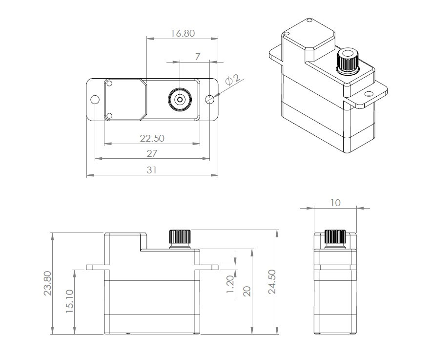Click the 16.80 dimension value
[x=183, y=33]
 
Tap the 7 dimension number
[x=197, y=57]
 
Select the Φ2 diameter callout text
[x=232, y=80]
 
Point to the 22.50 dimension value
[x=152, y=138]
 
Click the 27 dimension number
[x=152, y=153]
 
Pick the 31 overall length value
[x=152, y=170]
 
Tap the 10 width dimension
[x=335, y=203]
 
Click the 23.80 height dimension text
[x=47, y=283]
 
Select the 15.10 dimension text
[x=69, y=301]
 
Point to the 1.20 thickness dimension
[x=230, y=284]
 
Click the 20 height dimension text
[x=247, y=291]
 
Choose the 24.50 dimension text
[x=272, y=282]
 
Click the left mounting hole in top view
[x=95, y=100]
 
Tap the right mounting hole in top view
[x=210, y=100]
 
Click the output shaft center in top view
[x=180, y=100]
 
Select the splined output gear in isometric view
[x=348, y=62]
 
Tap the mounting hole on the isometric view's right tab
[x=367, y=94]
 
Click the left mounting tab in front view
[x=95, y=267]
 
